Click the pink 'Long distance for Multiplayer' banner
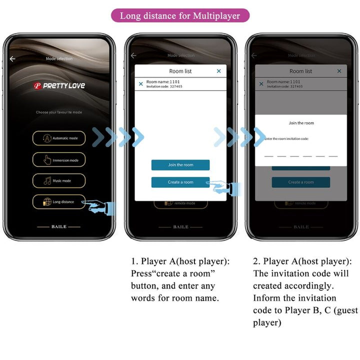pyautogui.click(x=180, y=15)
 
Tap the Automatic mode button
pyautogui.click(x=59, y=138)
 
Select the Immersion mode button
pyautogui.click(x=59, y=160)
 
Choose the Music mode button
pyautogui.click(x=59, y=180)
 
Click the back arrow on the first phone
pyautogui.click(x=12, y=58)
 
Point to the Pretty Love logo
pyautogui.click(x=59, y=85)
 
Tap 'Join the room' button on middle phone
pyautogui.click(x=180, y=165)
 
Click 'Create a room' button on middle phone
pyautogui.click(x=180, y=182)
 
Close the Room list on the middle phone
pyautogui.click(x=218, y=71)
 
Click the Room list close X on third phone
pyautogui.click(x=339, y=71)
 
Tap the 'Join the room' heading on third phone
pyautogui.click(x=301, y=123)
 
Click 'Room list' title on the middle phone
pyautogui.click(x=180, y=71)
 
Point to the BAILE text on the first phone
pyautogui.click(x=59, y=226)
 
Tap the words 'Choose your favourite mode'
pyautogui.click(x=59, y=112)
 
